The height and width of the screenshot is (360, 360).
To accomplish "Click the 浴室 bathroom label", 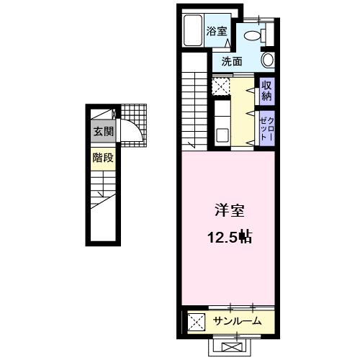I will [217, 31].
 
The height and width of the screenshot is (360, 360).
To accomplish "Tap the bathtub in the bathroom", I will [192, 32].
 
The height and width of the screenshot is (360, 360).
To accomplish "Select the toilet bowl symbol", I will [255, 32].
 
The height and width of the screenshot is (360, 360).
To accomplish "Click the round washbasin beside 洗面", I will [267, 60].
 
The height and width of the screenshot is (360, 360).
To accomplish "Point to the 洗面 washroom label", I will [232, 61].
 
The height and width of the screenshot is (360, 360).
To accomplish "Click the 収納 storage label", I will [266, 91].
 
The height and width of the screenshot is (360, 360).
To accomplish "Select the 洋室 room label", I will [230, 212].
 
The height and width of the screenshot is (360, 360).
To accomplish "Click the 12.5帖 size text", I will [230, 237].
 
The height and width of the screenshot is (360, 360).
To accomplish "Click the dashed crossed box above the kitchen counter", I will [220, 87].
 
